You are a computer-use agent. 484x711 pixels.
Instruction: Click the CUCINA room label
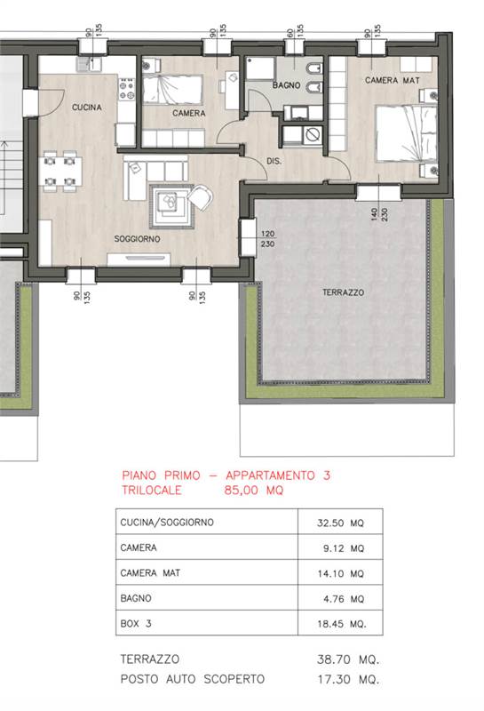tap(86, 108)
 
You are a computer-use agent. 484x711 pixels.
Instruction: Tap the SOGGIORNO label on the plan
tap(137, 238)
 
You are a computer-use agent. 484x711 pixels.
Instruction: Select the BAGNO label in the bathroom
tap(287, 84)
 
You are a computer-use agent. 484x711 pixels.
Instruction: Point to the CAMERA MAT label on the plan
tap(393, 80)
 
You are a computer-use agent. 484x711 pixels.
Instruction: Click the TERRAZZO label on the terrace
tap(343, 292)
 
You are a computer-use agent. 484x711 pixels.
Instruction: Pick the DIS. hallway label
tap(274, 161)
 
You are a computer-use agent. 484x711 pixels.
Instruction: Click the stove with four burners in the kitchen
tap(126, 89)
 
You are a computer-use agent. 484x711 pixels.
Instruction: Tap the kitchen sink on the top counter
tap(89, 64)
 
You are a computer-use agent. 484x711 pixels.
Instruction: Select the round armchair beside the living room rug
tap(200, 197)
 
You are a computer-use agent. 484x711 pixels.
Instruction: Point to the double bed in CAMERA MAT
tap(407, 134)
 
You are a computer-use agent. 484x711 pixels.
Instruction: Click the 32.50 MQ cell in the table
tap(340, 523)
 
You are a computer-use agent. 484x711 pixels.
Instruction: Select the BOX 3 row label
tap(136, 624)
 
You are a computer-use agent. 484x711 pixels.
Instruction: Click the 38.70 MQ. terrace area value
tap(348, 659)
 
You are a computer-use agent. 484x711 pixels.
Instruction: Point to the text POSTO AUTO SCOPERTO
tap(192, 679)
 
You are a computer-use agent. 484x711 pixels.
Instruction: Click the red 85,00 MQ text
tap(254, 491)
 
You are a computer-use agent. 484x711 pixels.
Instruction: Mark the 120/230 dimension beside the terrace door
tap(267, 238)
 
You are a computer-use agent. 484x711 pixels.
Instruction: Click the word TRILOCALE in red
tap(151, 491)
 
